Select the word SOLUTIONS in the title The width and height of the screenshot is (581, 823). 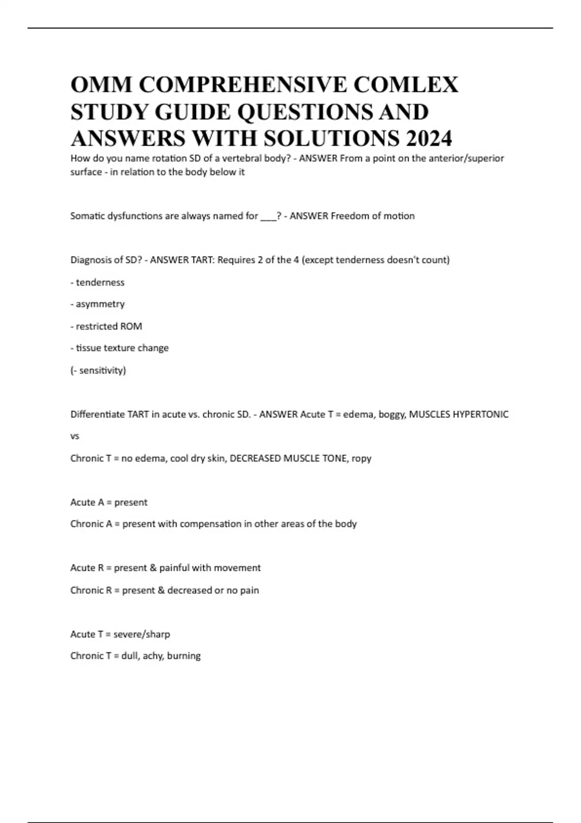pos(333,138)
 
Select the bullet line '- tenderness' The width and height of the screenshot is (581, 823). pos(97,282)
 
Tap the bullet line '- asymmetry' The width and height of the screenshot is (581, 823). pos(97,304)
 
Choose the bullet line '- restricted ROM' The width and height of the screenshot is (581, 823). pos(106,326)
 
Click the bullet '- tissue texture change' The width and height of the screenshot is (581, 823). pos(120,348)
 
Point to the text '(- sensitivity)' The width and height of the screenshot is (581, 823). pos(98,370)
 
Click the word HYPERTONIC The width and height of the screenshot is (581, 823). pos(480,414)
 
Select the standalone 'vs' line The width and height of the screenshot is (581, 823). pos(75,436)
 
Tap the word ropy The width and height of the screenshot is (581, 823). pos(361,458)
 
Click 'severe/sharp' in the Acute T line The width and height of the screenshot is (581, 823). pos(141,634)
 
